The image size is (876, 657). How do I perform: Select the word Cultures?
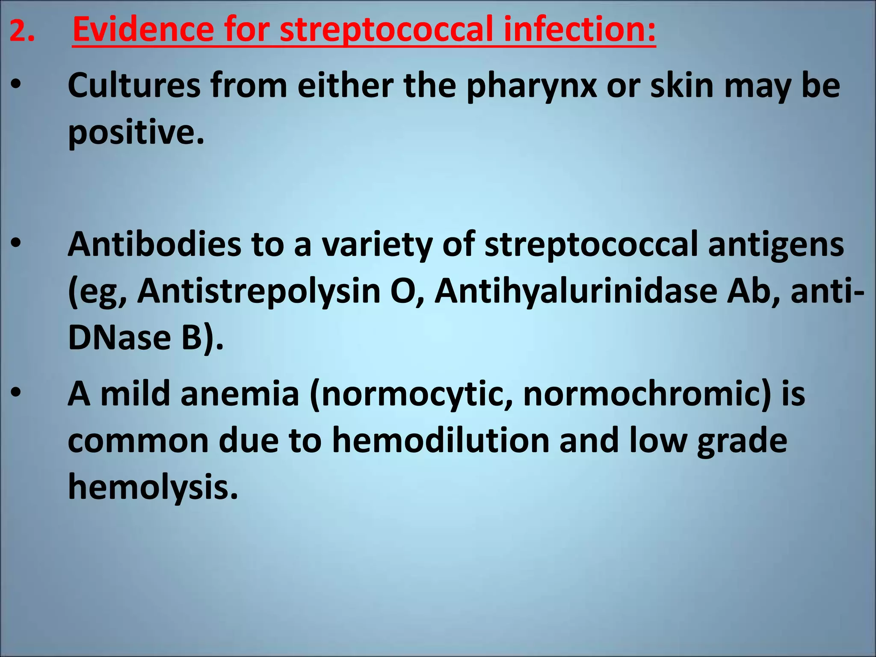[134, 86]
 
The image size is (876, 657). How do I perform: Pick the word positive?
[136, 133]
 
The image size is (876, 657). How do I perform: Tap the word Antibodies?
[154, 245]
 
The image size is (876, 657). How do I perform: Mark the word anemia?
[240, 394]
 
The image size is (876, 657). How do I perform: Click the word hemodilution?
[441, 441]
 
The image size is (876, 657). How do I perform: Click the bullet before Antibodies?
[16, 244]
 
